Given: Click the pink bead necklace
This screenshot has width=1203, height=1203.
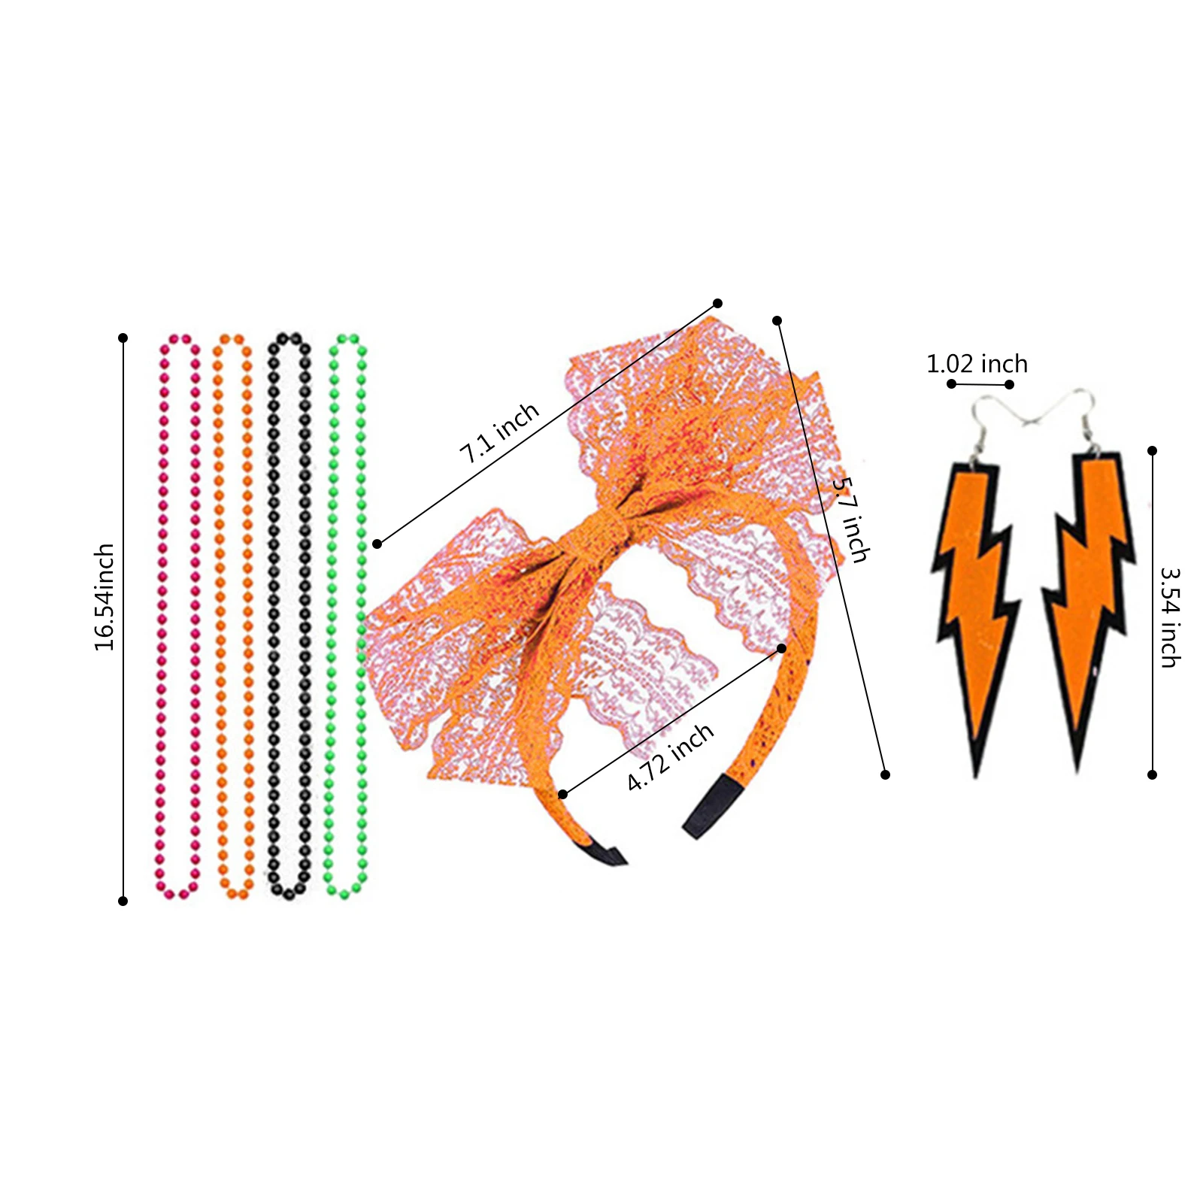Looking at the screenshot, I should point(162,617).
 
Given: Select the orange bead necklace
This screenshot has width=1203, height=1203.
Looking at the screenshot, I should point(220,617).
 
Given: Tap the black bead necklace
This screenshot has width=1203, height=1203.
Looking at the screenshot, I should point(274,617).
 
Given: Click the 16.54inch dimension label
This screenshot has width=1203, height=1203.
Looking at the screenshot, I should point(105,597).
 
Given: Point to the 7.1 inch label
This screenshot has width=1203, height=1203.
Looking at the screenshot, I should point(499,432).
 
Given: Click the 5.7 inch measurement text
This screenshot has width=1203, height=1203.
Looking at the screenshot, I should point(850,520).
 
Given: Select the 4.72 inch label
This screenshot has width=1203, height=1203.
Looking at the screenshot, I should point(670,757).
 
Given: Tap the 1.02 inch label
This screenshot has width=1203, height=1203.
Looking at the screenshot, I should point(977,365).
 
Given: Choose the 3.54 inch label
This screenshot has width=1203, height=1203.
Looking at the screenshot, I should point(1170,617).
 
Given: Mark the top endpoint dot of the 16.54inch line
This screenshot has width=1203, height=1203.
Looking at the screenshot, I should point(123,338).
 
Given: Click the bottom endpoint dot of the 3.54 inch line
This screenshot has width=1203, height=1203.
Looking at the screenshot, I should point(1152,774).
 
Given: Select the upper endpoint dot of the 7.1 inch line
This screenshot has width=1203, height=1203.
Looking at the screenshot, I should point(717,303).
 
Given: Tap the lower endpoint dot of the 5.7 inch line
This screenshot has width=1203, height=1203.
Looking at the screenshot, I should point(885,774).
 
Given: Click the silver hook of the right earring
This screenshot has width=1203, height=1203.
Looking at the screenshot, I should point(1083,414).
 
